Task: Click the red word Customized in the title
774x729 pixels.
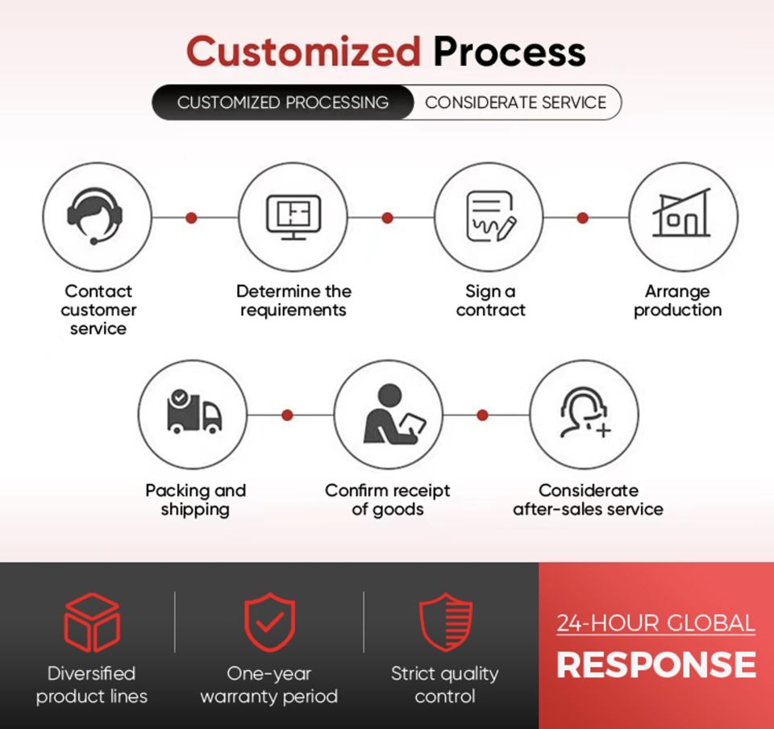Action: coord(303,52)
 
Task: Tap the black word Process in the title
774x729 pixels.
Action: coord(510,52)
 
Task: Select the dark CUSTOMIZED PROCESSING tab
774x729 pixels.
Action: coord(283,102)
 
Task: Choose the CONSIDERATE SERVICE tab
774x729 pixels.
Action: coord(516,102)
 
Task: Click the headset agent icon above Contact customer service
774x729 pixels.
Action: coord(95,215)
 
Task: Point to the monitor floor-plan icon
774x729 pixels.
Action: coord(293,217)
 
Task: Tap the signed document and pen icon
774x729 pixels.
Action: coord(491,216)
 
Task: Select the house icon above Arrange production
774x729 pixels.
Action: coord(682,212)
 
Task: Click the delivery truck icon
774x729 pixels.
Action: coord(194,412)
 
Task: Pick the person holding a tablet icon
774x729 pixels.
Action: coord(393,414)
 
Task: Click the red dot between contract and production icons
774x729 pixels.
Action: coord(582,218)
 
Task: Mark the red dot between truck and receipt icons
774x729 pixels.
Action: coord(287,415)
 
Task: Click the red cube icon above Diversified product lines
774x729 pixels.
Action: coord(92,622)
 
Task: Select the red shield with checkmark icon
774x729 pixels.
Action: coord(269,622)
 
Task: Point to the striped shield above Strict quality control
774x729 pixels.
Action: coord(445,622)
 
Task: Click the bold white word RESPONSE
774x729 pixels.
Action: coord(656,664)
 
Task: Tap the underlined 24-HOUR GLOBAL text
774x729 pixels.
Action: coord(656,623)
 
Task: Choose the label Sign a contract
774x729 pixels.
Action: coord(491,301)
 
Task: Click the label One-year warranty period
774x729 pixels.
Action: coord(269,685)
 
